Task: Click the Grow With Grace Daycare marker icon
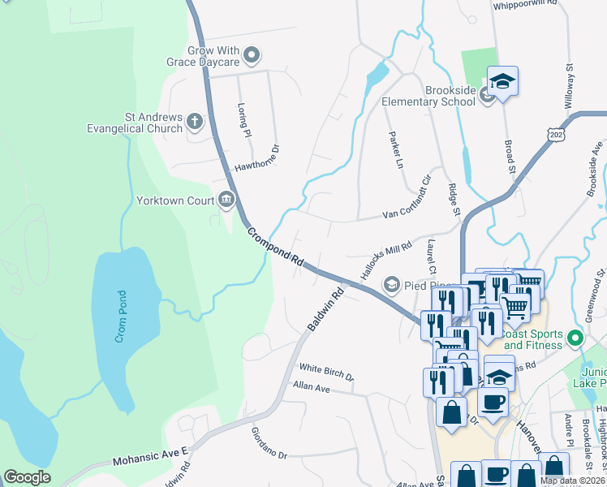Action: (252, 56)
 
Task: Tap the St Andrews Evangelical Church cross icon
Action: (194, 122)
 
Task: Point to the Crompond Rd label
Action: (276, 248)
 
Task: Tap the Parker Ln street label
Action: (394, 150)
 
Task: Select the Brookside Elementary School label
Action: (429, 96)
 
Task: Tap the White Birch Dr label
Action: (326, 372)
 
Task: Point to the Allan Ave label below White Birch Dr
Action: (312, 388)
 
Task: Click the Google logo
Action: (27, 478)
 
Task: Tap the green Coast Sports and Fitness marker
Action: (576, 338)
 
